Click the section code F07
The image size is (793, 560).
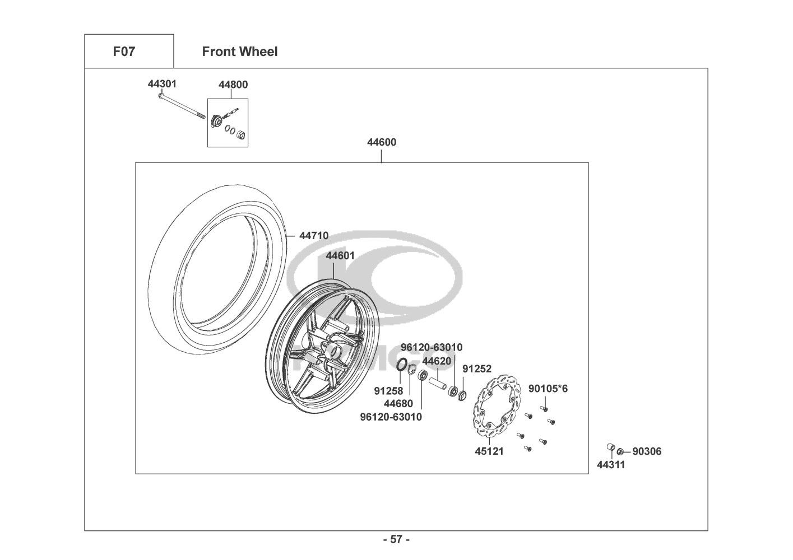tap(124, 52)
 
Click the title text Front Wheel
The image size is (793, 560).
tap(239, 52)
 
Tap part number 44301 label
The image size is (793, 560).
tap(162, 84)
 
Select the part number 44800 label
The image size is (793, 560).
tap(233, 85)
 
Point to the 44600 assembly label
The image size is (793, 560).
tap(382, 142)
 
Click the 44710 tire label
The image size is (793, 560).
tap(314, 236)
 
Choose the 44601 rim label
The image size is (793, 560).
tap(340, 256)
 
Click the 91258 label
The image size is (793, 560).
tap(388, 390)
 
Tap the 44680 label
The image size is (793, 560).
tap(398, 403)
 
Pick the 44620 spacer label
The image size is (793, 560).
tap(437, 361)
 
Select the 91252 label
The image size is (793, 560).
tap(476, 369)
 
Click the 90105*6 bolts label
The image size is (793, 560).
tap(548, 388)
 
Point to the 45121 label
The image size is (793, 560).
tap(489, 451)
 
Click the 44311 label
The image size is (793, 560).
tap(611, 465)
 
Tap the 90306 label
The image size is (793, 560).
tap(647, 451)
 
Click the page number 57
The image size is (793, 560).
tap(396, 540)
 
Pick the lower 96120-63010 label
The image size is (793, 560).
tap(391, 417)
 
